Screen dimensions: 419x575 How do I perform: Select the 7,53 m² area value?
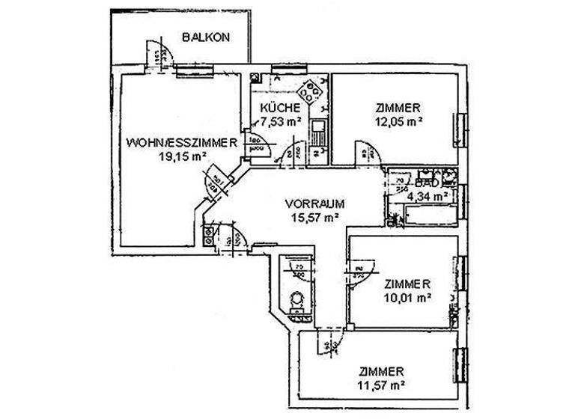click(281, 120)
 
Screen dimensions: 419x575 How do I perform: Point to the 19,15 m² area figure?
click(182, 156)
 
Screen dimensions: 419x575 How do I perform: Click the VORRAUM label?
click(314, 203)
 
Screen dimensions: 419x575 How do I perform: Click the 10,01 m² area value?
click(407, 297)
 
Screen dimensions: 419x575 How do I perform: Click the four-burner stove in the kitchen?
click(308, 93)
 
